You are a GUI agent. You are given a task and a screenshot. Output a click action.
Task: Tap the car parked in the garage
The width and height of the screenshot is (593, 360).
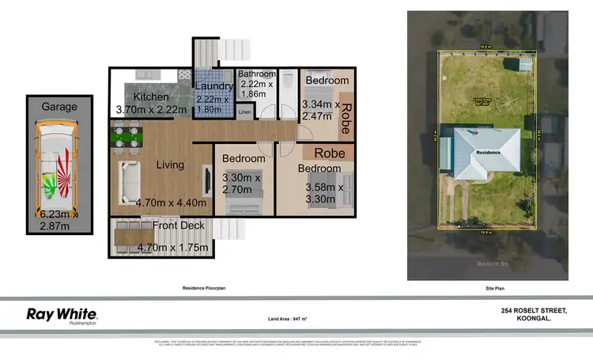click(55, 170)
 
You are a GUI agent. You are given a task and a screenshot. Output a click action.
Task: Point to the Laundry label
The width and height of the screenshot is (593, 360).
click(213, 86)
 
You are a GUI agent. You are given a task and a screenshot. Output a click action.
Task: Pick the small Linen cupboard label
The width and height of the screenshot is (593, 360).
click(244, 113)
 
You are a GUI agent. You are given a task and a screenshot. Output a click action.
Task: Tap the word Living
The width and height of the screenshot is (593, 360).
click(170, 165)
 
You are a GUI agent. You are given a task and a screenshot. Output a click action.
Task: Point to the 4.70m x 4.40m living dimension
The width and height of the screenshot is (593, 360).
click(171, 203)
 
